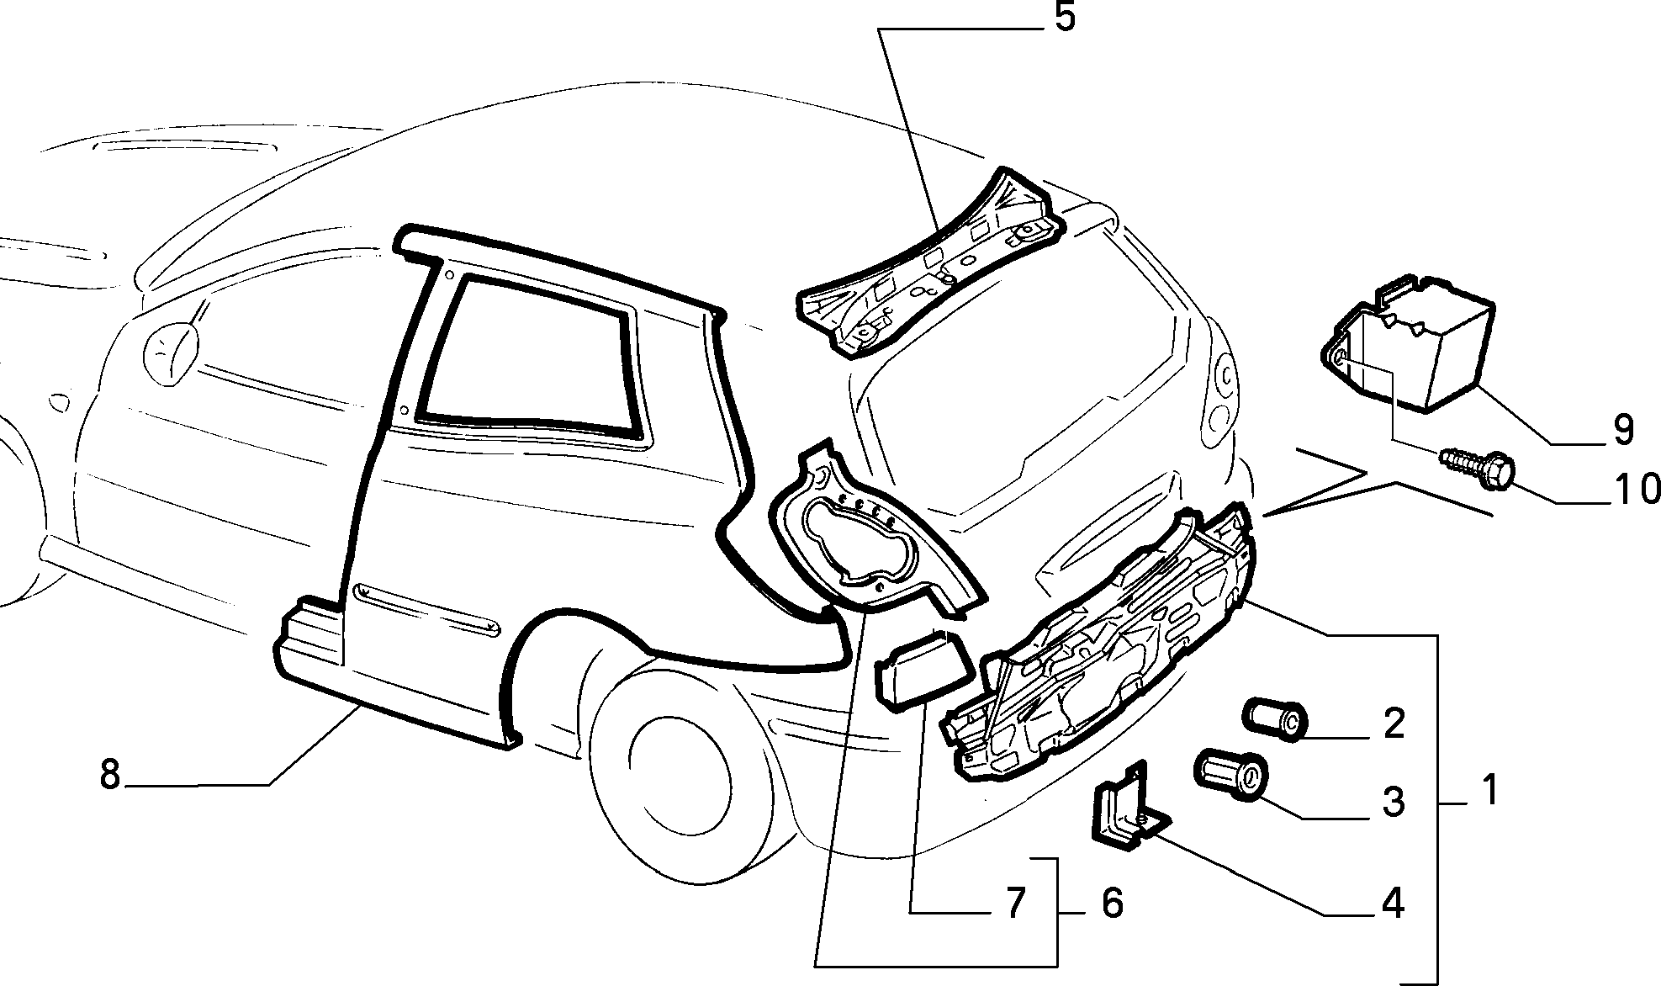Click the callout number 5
(x=1065, y=18)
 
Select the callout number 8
(x=110, y=774)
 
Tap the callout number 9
(x=1623, y=430)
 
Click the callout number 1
(x=1489, y=791)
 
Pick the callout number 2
(x=1394, y=724)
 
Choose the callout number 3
(x=1394, y=802)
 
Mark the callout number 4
(x=1393, y=904)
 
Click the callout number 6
(x=1112, y=904)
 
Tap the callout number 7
(x=1016, y=904)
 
